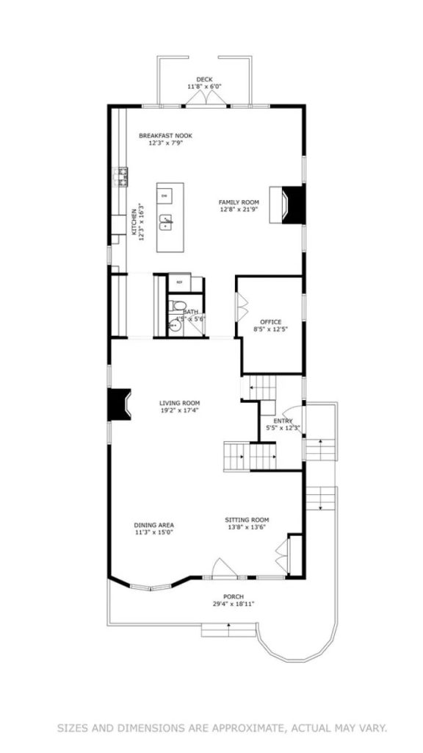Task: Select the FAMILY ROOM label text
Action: (239, 202)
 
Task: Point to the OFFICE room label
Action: (271, 322)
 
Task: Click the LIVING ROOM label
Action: (180, 403)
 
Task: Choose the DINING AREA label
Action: (154, 525)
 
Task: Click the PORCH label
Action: (234, 596)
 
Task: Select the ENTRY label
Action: (283, 421)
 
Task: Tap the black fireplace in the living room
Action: (117, 404)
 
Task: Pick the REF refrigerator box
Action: (179, 281)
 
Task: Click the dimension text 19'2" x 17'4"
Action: (180, 411)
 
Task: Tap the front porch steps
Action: (229, 629)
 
